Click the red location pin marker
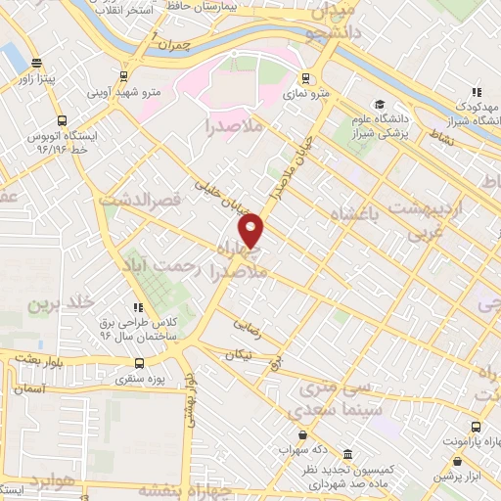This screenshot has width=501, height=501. click(251, 231)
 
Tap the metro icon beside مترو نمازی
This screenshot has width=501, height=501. click(306, 78)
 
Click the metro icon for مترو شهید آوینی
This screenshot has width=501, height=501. click(123, 75)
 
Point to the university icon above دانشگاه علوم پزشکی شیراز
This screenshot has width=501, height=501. click(379, 105)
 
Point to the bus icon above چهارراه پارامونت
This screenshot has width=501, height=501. click(476, 428)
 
